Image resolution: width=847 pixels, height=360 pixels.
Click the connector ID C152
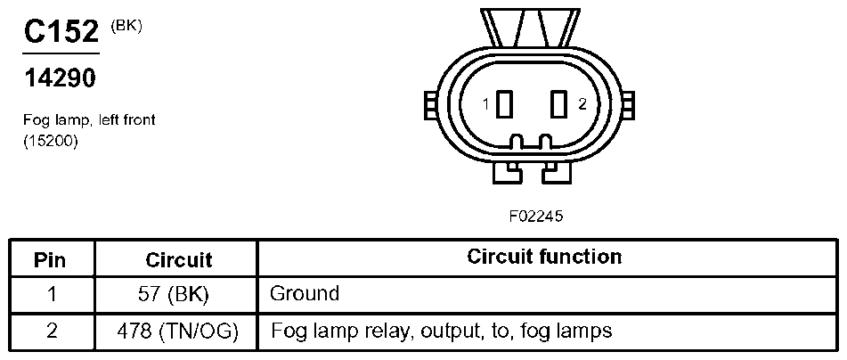tap(61, 32)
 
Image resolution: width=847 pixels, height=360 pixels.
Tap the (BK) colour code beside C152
tap(126, 28)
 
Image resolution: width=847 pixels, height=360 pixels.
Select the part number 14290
tap(60, 79)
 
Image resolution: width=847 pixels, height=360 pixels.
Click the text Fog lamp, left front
tap(89, 120)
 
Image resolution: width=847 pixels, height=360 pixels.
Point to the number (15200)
tap(51, 142)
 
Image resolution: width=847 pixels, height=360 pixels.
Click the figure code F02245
tap(535, 217)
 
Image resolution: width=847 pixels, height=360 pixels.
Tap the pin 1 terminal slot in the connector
tap(504, 104)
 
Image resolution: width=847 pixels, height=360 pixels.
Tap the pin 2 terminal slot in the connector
tap(558, 104)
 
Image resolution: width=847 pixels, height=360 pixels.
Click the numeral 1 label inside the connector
tap(486, 104)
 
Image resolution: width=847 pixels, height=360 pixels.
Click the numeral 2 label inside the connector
tap(582, 104)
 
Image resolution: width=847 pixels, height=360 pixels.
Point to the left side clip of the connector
tap(431, 105)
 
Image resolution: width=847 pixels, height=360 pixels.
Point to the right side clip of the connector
tap(628, 105)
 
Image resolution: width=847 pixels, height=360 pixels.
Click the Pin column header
tap(50, 260)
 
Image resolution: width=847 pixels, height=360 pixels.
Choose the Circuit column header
tap(179, 260)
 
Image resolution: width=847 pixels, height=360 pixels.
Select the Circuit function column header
tap(544, 257)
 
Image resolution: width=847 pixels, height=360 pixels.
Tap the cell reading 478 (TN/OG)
tap(178, 331)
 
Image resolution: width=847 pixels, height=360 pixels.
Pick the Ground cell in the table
tap(305, 293)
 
